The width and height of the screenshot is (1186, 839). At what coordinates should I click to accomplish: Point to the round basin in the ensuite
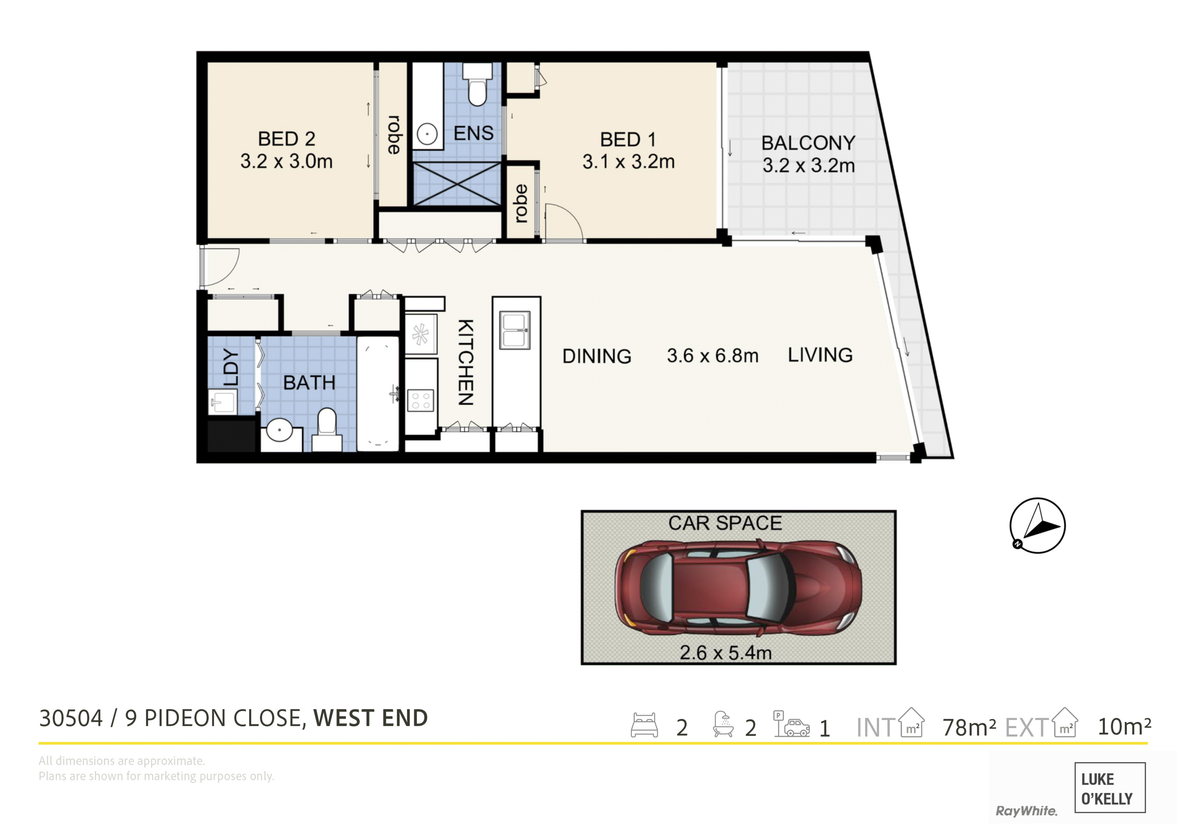pos(427,134)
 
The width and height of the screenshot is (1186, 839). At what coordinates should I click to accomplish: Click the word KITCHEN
pos(465,362)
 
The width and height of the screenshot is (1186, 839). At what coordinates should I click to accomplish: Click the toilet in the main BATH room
pos(326,429)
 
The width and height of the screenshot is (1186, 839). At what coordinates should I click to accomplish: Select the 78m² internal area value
pos(969,727)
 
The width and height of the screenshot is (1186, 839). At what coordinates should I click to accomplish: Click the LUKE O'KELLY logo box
pos(1110,787)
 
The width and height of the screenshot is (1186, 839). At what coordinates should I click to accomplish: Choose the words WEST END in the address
pos(370,718)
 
